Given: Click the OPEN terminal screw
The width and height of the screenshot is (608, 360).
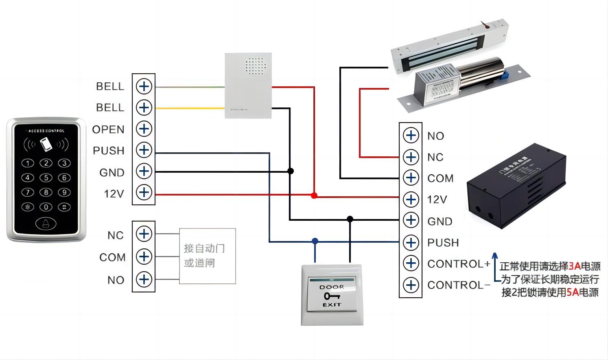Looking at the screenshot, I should point(144,129).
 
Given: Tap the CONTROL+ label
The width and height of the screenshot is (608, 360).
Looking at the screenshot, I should point(459,264).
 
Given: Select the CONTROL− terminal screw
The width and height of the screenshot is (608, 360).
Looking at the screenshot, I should point(411,285).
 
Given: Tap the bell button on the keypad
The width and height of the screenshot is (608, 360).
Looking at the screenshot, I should point(46,223).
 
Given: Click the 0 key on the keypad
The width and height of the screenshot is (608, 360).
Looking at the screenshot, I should point(46,207).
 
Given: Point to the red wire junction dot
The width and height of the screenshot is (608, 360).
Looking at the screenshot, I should point(314,195).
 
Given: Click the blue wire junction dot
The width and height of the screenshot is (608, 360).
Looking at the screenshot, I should point(315,241).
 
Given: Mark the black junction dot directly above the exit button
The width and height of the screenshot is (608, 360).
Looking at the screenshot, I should point(350,219).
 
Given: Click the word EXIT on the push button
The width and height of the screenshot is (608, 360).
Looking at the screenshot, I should point(332,305).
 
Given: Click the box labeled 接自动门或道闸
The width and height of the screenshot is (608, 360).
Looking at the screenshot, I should point(208,256).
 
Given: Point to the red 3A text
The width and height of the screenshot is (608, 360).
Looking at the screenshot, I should point(575,267).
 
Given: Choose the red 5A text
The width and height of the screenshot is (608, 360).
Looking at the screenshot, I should point(572,292).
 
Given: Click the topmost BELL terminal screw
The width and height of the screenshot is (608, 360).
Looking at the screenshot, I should point(144,86).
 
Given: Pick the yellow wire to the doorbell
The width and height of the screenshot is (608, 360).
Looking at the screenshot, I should point(190,108).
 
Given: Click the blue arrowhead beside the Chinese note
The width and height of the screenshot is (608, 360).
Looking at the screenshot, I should point(494,255).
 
